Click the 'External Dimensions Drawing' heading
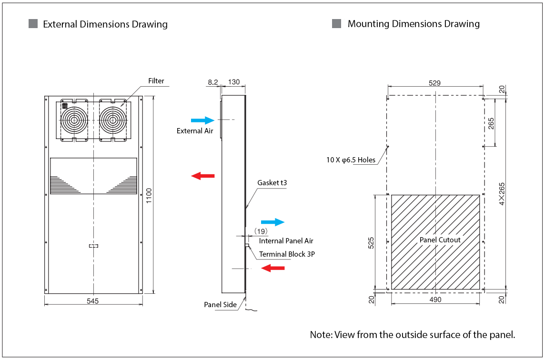point(105,24)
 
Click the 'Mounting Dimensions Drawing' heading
point(413,24)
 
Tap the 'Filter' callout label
point(156,81)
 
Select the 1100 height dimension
point(149,196)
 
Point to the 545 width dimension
point(93,300)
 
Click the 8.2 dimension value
point(212,82)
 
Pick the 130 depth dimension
point(233,82)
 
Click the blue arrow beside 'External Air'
point(202,120)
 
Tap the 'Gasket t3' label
point(272,182)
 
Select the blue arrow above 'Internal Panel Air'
point(272,222)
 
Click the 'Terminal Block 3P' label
point(287,254)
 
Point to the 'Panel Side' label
point(220,305)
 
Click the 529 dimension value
point(434,83)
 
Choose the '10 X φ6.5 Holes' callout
point(351,160)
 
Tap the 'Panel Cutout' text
point(440,240)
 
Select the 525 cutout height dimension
point(371,242)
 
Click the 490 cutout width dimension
point(435,300)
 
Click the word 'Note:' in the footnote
point(321,334)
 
